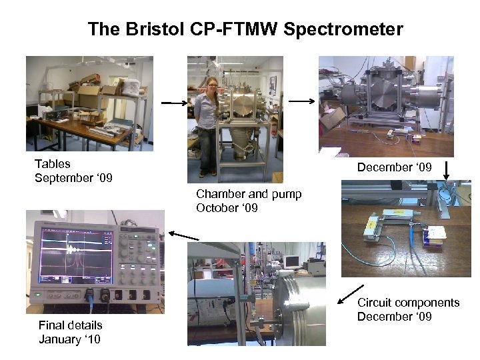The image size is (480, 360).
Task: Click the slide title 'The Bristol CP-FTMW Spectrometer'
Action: [x=245, y=29]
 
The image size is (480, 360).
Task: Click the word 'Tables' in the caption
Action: [x=53, y=163]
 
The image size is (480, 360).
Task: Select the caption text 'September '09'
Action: [x=73, y=178]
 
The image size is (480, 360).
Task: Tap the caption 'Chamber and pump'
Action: [x=249, y=194]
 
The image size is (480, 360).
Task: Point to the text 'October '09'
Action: [x=227, y=208]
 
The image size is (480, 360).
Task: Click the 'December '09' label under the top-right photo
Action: [x=393, y=167]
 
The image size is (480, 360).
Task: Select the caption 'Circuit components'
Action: [x=409, y=303]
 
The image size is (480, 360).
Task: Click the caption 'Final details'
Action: [x=71, y=325]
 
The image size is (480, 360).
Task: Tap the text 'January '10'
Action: [x=70, y=339]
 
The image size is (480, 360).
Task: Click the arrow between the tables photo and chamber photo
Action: [x=175, y=103]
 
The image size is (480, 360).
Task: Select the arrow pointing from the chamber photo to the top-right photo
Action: [x=301, y=101]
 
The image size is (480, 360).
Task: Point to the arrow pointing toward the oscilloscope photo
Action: [x=184, y=235]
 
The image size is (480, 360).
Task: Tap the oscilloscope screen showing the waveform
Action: [x=75, y=248]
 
